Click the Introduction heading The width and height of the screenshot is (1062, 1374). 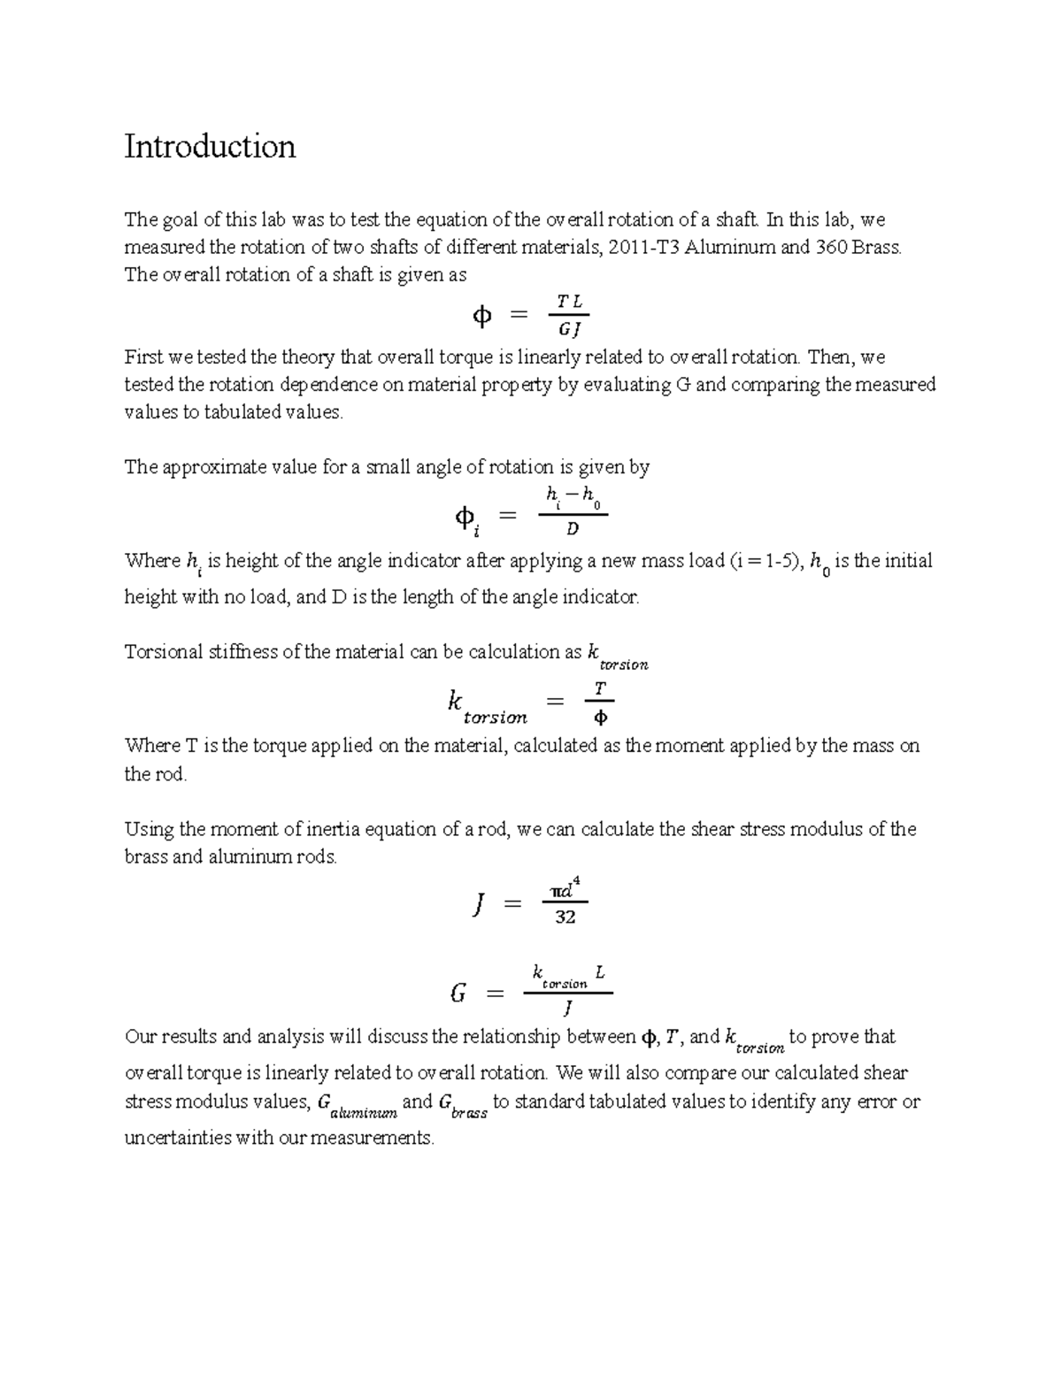tap(210, 147)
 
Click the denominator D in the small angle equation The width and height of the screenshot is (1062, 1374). tap(573, 529)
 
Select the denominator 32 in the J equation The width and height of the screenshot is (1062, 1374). tap(565, 917)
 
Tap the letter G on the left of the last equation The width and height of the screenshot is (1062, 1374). tap(458, 994)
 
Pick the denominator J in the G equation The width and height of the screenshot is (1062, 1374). tap(567, 1008)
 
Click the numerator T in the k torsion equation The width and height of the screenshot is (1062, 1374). tap(599, 688)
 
